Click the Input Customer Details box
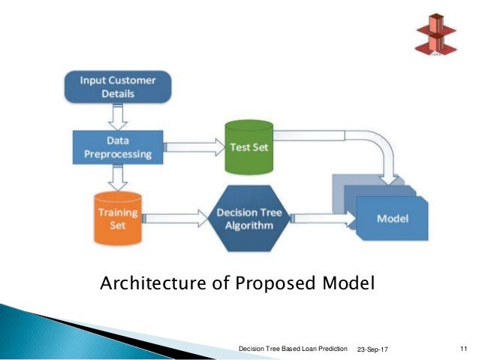[x=119, y=87]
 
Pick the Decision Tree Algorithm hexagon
[x=249, y=218]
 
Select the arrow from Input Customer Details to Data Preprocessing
[x=117, y=116]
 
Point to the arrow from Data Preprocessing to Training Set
[x=117, y=177]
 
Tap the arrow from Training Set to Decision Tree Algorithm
[x=176, y=219]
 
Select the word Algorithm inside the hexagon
[x=249, y=225]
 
